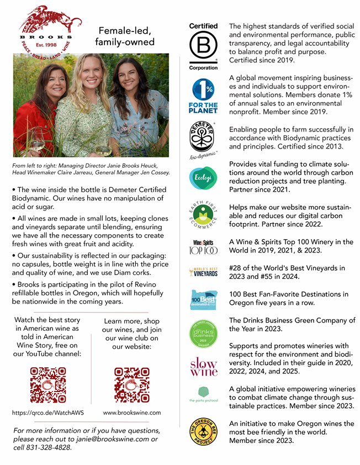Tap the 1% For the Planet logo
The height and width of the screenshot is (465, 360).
[204, 96]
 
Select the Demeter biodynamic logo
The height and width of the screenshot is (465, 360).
[204, 141]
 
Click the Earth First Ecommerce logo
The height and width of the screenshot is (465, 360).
[204, 215]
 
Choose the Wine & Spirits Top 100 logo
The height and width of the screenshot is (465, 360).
[204, 247]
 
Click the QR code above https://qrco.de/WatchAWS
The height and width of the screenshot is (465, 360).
[48, 385]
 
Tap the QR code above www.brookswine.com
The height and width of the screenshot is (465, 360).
[132, 385]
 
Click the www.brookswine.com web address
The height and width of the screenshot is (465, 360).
[132, 413]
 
